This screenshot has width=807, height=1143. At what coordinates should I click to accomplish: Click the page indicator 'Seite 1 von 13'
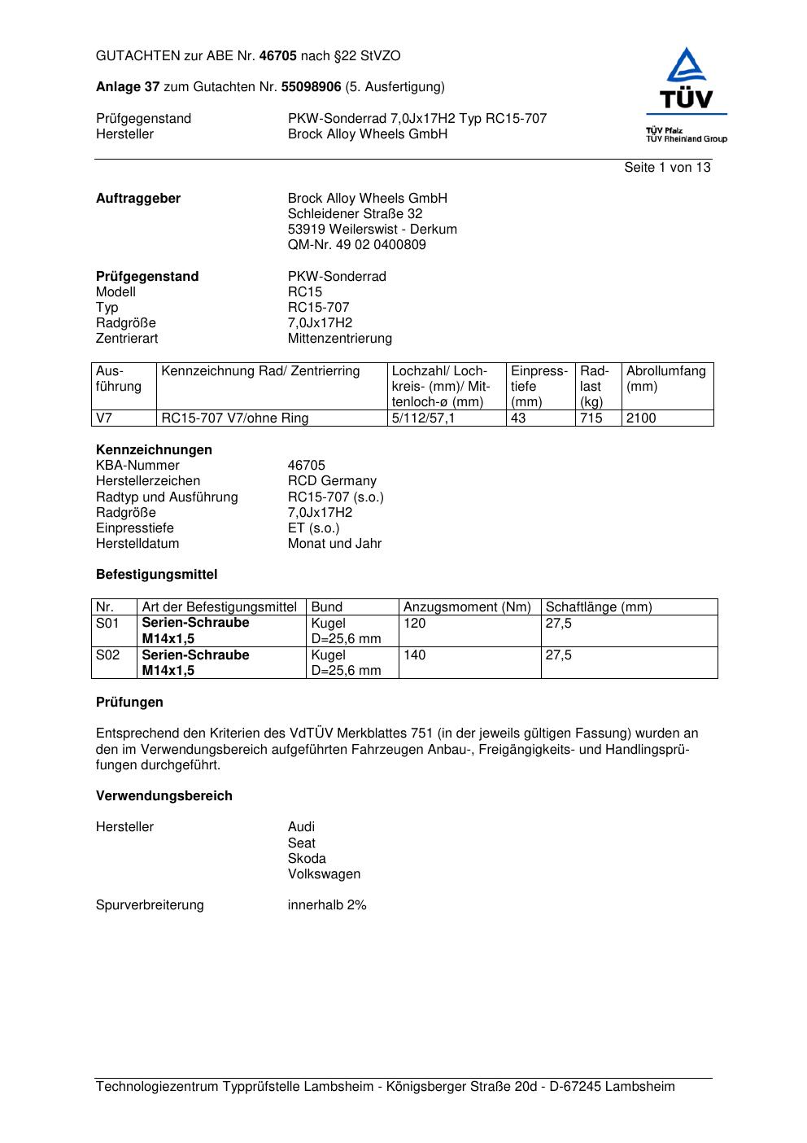coord(667,168)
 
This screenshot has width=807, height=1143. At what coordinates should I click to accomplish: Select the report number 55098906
coord(311,87)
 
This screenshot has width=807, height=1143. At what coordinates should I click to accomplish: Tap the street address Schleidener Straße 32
coord(355,214)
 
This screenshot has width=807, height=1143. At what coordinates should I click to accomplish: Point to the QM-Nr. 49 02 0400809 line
coord(356,245)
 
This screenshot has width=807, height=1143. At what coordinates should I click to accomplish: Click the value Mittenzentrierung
coord(339,339)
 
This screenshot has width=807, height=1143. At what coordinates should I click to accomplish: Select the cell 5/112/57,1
coord(424,418)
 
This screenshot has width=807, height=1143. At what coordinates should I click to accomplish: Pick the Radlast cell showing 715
coord(591,418)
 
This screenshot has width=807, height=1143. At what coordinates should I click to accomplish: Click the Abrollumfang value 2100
coord(641,418)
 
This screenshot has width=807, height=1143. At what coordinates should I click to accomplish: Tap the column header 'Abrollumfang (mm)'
coord(665,379)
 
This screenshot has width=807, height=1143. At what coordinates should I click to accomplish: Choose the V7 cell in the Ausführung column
coord(104,418)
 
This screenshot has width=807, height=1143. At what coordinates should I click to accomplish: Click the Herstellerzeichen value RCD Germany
coord(332,481)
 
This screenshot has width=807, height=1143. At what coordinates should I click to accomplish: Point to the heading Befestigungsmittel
coord(157,575)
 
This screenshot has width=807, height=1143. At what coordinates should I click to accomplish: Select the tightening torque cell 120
coord(415,624)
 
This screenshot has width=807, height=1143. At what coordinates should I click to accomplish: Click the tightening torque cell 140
coord(415,655)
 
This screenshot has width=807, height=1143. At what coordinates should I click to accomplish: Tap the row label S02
coord(107,655)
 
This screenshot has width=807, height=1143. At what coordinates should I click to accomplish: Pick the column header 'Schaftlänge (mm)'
coord(599,607)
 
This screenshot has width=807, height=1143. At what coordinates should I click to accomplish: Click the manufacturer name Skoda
coord(307,859)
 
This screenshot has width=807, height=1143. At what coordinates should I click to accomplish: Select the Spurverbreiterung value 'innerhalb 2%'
coord(327,905)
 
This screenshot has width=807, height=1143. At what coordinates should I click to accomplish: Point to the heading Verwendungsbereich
coord(164,796)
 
